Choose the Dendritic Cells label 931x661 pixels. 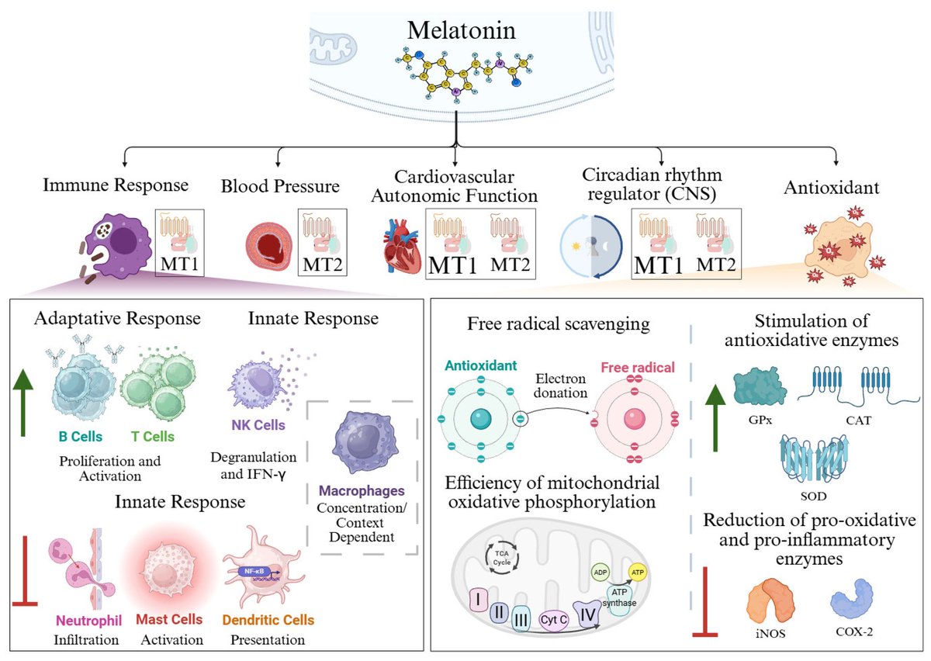click(268, 621)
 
